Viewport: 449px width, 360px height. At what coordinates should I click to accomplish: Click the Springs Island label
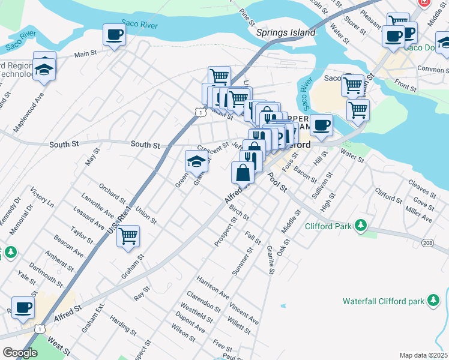point(286,32)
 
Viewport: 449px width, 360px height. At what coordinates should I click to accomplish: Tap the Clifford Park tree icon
point(360,226)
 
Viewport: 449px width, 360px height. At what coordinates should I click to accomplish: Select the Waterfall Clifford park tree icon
point(432,300)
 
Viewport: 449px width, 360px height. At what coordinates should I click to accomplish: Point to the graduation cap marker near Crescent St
point(196,160)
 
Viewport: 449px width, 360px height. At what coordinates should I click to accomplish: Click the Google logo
point(20,353)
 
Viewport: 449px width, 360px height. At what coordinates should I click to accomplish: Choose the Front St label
point(406,88)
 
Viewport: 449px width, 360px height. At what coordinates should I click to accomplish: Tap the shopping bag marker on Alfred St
point(243,173)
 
